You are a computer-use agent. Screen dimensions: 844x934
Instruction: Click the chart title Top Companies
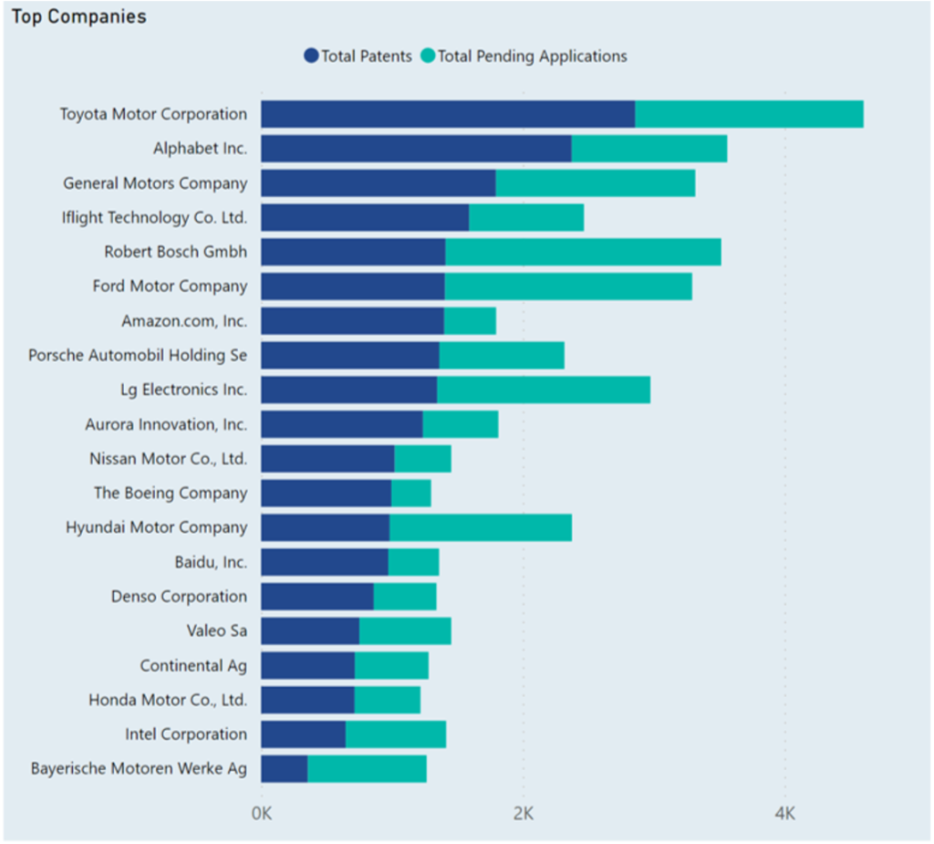(x=78, y=17)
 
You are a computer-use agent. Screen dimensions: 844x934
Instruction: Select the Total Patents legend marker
(x=311, y=57)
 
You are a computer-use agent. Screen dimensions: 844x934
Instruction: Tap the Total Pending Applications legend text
(x=532, y=57)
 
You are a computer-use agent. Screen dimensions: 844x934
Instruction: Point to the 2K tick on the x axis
(x=523, y=812)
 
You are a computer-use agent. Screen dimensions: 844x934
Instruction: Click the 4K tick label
(x=784, y=812)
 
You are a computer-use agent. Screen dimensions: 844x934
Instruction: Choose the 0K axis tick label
(x=261, y=812)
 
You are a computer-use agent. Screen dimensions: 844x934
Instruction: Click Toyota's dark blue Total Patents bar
(x=447, y=114)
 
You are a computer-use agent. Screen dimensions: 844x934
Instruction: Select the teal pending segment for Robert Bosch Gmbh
(x=583, y=252)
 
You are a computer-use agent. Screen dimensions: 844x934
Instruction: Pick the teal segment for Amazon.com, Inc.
(x=470, y=321)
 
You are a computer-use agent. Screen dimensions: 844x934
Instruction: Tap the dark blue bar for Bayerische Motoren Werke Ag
(x=284, y=768)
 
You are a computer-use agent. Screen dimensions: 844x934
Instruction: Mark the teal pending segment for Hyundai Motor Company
(x=480, y=527)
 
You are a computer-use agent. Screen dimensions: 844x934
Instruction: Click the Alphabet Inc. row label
(x=200, y=149)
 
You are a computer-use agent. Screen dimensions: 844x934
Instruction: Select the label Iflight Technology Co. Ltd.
(x=154, y=217)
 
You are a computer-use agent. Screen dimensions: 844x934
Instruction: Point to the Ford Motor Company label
(x=170, y=287)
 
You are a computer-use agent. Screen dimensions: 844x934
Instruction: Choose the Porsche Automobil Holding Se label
(x=138, y=355)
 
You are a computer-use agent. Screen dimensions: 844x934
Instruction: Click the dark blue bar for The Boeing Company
(x=326, y=493)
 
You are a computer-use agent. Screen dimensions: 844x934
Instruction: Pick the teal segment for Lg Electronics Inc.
(x=544, y=390)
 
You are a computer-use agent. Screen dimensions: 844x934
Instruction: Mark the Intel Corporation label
(x=186, y=735)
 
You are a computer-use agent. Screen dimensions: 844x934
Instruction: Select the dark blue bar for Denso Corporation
(x=317, y=597)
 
